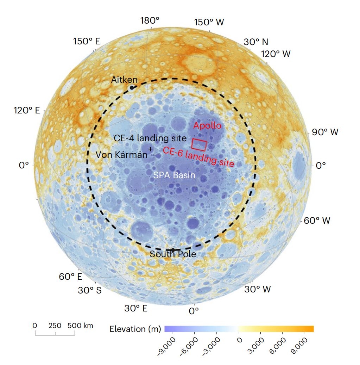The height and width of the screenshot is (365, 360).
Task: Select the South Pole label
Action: pos(173,254)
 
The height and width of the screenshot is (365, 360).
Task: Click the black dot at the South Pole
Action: pos(173,249)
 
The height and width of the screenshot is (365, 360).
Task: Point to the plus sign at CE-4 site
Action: pos(151,149)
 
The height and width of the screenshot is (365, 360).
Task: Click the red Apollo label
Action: pos(208,125)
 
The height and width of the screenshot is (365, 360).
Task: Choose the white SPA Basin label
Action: pos(174,175)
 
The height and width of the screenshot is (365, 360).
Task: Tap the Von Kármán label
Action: pos(122,155)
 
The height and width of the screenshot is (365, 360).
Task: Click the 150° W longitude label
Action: pos(209,22)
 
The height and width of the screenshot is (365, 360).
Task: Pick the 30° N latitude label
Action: pos(256,42)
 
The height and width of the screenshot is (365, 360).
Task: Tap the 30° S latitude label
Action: pos(90,291)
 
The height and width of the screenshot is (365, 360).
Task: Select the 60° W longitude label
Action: pos(317,221)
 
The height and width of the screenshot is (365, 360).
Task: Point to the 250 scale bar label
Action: pos(55,326)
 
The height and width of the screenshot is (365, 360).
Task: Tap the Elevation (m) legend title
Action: pos(135,329)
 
